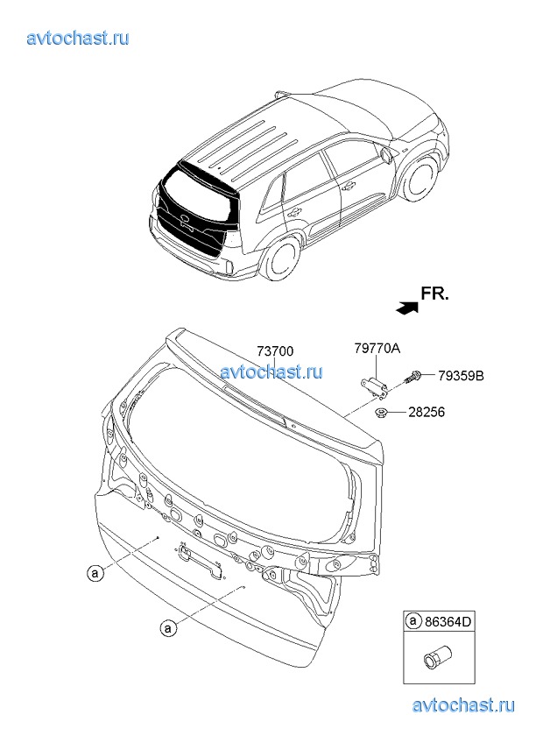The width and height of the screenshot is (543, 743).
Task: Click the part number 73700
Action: tap(275, 351)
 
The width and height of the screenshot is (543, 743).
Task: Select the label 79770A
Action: tap(377, 349)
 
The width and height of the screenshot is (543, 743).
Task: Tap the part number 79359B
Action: tap(461, 376)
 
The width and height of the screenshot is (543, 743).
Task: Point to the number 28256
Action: tap(427, 413)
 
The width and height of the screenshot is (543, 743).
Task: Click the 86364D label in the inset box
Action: tap(448, 621)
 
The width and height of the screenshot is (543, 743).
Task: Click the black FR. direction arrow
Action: tap(407, 308)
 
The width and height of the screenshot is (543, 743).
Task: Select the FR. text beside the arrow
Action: tap(434, 294)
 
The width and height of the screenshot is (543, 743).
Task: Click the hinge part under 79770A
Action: tap(374, 386)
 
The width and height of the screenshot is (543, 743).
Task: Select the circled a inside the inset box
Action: tap(413, 620)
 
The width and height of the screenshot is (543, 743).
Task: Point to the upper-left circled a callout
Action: tap(95, 573)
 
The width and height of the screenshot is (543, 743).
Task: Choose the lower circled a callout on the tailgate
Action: tap(167, 628)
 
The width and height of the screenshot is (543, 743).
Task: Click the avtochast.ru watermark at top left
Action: tap(78, 38)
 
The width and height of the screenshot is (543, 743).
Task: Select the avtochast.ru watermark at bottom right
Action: tap(463, 705)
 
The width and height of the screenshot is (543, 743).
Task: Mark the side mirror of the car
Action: tap(386, 154)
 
